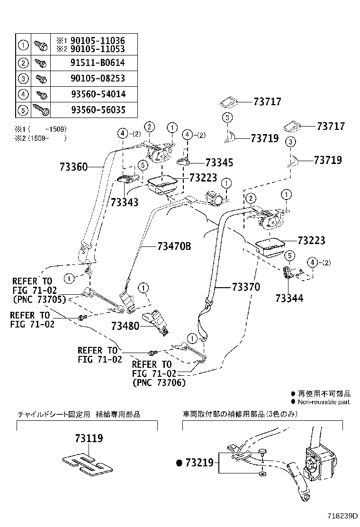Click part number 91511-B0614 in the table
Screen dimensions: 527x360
[98, 63]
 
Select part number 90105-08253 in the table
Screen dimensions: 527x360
[98, 79]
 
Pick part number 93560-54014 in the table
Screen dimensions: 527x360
[98, 94]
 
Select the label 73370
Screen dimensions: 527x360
[246, 287]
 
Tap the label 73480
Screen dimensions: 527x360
[126, 326]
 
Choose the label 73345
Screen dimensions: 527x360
[219, 163]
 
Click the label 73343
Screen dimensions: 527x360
[125, 202]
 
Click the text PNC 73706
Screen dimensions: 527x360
[159, 382]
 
